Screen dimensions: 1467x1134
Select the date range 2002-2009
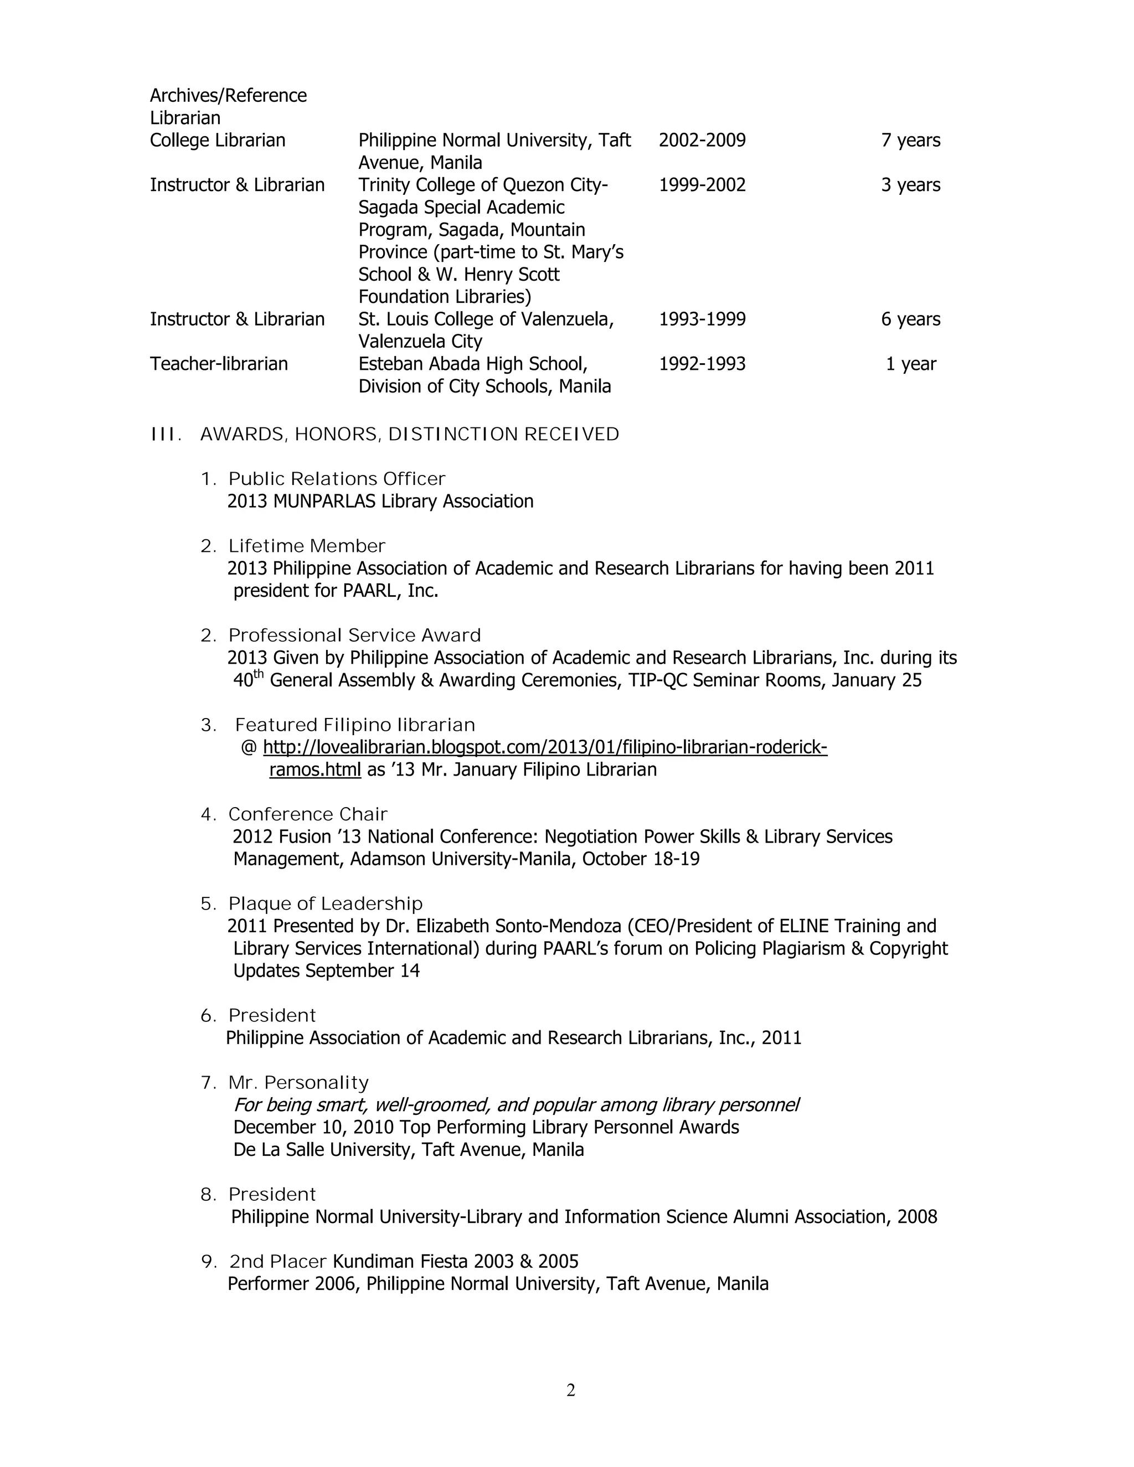[702, 141]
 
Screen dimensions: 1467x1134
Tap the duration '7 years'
[910, 141]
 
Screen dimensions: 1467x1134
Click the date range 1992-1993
[702, 364]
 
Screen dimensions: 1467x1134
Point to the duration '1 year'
[910, 364]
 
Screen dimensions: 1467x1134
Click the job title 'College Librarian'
[217, 141]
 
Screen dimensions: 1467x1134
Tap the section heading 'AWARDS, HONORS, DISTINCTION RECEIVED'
[409, 435]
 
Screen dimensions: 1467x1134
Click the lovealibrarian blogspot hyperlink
[544, 747]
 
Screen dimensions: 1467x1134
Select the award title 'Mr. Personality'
[298, 1083]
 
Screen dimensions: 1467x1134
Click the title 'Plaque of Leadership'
[325, 904]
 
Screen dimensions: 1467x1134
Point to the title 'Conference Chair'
[308, 815]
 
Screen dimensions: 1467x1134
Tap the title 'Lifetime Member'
[306, 546]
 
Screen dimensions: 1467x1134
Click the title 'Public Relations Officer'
[337, 479]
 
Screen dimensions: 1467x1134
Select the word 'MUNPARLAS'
[324, 502]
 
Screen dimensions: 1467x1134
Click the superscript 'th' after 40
[259, 674]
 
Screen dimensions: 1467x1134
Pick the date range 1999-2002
[702, 185]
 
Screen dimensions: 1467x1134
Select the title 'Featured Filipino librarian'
[355, 725]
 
